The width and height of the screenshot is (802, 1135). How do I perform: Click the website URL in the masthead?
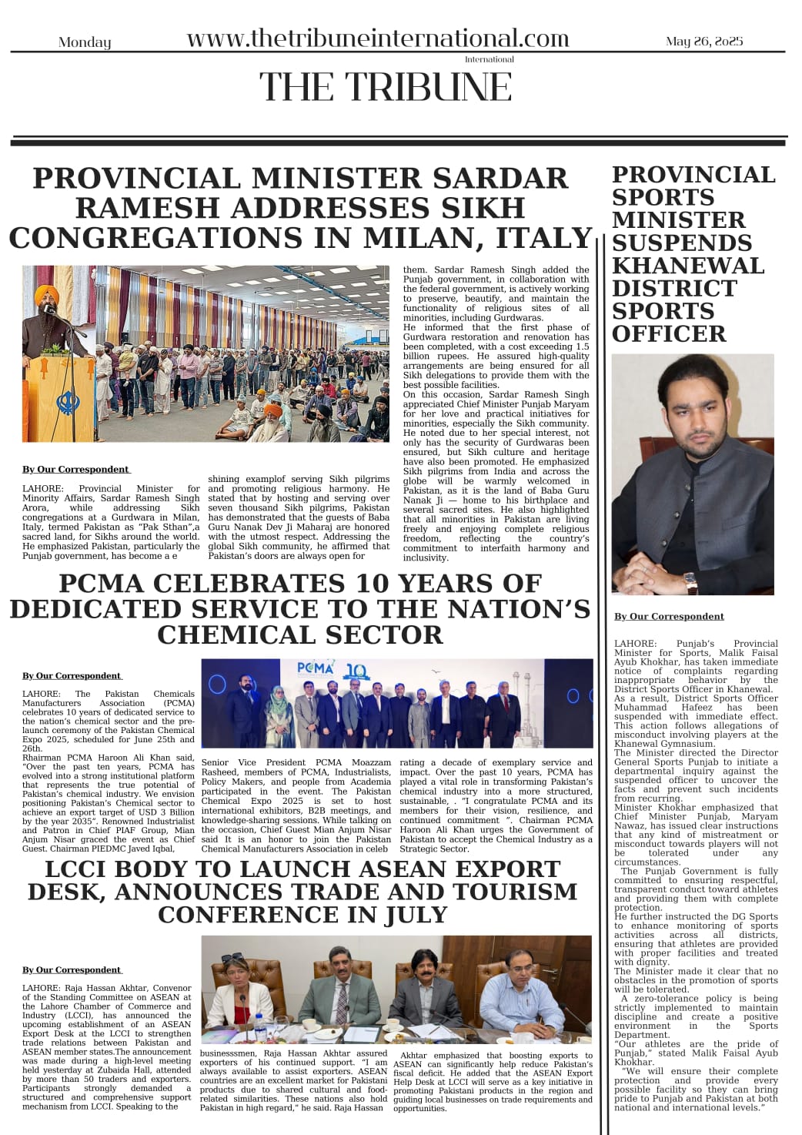(377, 39)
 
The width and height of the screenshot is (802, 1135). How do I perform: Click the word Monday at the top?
(85, 42)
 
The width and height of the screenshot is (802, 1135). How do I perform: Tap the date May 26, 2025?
(704, 41)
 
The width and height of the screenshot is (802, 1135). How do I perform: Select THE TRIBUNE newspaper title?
(385, 86)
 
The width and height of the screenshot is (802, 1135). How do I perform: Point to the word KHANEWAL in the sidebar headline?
(688, 266)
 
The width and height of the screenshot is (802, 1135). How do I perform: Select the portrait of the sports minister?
(693, 474)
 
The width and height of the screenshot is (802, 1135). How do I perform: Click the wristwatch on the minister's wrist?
(690, 582)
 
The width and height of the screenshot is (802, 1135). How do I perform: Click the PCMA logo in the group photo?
(316, 670)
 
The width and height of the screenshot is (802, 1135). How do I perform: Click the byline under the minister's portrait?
(669, 616)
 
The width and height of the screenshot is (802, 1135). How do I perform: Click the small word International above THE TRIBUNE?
(489, 59)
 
